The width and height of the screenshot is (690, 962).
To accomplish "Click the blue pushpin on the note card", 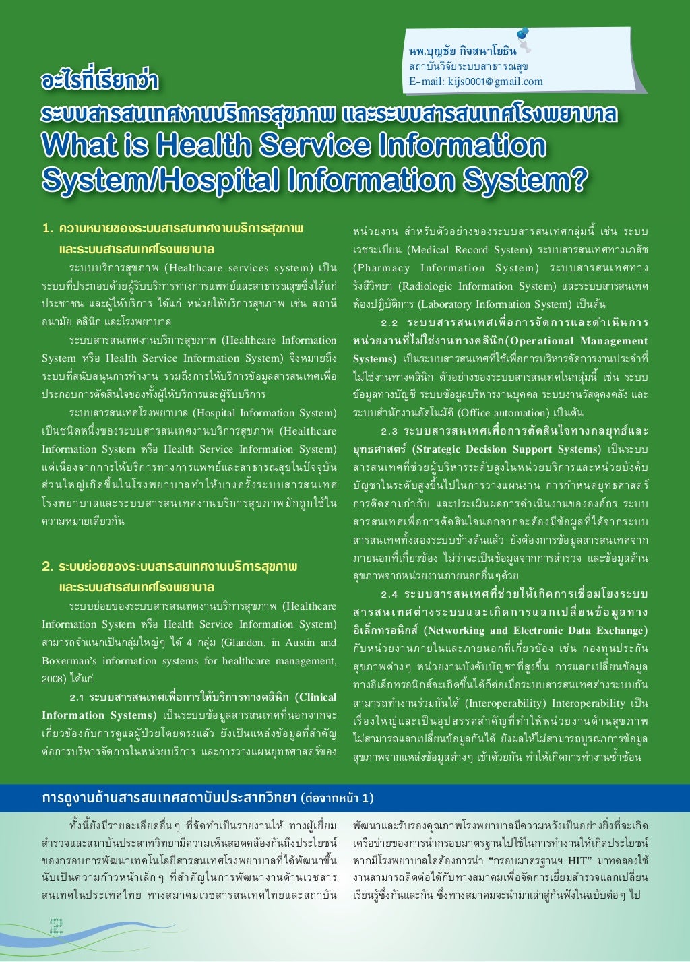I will pyautogui.click(x=523, y=36).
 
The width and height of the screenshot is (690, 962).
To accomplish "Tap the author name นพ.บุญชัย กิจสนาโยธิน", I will pyautogui.click(x=463, y=51).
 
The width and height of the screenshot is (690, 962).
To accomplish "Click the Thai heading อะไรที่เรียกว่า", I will pyautogui.click(x=99, y=82).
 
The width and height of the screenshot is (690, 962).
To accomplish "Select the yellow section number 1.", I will pyautogui.click(x=46, y=228).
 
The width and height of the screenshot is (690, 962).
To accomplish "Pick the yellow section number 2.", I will pyautogui.click(x=47, y=567).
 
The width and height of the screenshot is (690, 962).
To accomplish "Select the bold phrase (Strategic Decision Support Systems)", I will pyautogui.click(x=506, y=449).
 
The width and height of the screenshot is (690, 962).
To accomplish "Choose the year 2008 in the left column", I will pyautogui.click(x=53, y=679).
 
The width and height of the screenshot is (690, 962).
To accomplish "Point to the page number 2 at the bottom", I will pyautogui.click(x=56, y=926).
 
